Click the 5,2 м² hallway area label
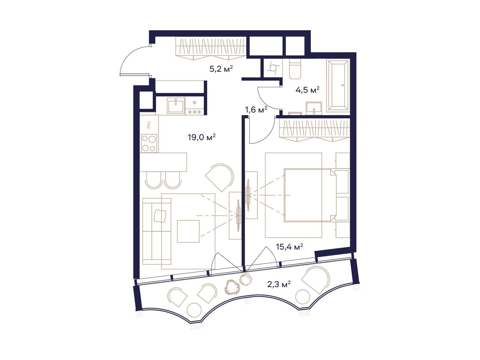221,69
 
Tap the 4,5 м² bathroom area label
307,90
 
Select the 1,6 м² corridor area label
256,110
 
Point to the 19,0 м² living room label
202,137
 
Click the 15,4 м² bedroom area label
289,247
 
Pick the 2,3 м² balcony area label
279,284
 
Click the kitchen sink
175,106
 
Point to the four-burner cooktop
149,143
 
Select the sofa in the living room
157,231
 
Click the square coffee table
188,231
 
